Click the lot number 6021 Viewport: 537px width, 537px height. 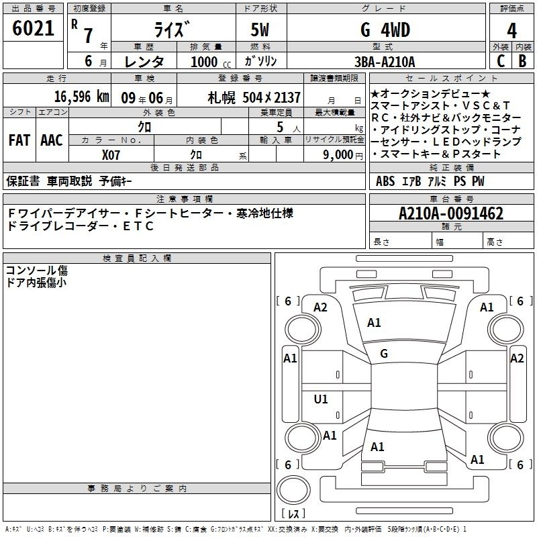click(33, 28)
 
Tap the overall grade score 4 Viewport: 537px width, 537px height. click(511, 31)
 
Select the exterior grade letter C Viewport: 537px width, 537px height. click(501, 61)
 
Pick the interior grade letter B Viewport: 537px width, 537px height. click(522, 61)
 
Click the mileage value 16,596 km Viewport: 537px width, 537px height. click(82, 97)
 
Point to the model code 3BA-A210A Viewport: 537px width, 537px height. click(385, 62)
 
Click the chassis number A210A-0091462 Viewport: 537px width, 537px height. click(451, 213)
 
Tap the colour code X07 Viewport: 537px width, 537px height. click(111, 155)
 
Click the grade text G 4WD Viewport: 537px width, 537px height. click(385, 30)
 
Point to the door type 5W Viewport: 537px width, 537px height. click(260, 30)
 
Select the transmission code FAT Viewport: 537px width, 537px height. click(19, 140)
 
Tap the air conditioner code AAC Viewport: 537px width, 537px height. click(52, 140)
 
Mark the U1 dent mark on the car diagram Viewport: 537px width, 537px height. click(321, 399)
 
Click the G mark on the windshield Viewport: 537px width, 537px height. click(384, 354)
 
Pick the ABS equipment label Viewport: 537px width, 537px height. click(385, 181)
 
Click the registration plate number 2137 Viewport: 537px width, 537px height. click(287, 97)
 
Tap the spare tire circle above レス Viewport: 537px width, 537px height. click(293, 490)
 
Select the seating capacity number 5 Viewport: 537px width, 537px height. click(280, 127)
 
